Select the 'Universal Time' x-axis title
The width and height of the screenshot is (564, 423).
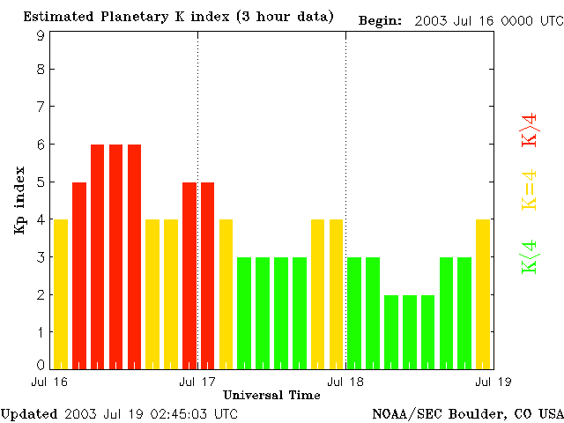pos(271,394)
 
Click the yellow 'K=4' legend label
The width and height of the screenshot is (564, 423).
pos(530,189)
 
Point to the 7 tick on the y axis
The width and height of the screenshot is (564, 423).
pos(41,107)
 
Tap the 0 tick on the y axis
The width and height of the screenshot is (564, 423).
pos(41,365)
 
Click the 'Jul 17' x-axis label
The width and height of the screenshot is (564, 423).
pos(197,382)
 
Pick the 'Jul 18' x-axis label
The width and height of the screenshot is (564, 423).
pos(345,382)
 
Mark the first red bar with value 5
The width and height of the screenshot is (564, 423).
pos(79,275)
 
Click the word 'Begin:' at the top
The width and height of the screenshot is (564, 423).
pos(381,19)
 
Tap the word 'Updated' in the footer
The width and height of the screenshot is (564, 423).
pos(29,413)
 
